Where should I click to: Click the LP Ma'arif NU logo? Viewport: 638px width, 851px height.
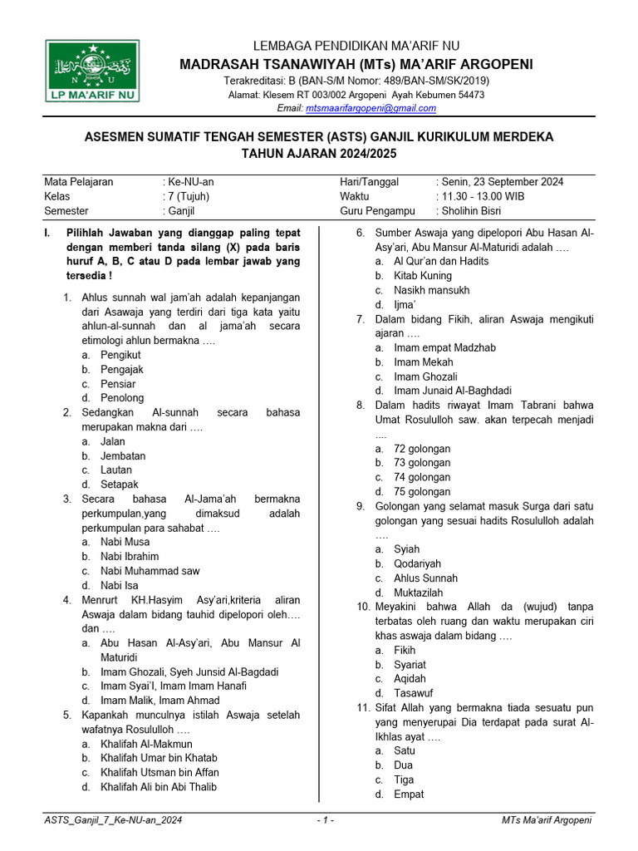click(92, 72)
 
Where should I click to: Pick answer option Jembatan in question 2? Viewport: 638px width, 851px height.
click(123, 455)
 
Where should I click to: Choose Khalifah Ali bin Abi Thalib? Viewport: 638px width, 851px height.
click(159, 786)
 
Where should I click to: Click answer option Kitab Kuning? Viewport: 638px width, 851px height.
click(423, 275)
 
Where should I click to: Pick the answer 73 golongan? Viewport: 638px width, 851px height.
click(422, 462)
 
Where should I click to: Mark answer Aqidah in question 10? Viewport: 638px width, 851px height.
click(412, 678)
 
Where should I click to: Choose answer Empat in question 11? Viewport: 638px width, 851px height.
click(409, 794)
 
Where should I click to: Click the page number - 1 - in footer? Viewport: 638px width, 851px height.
click(326, 820)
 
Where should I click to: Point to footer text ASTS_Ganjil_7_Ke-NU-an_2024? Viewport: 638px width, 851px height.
click(113, 820)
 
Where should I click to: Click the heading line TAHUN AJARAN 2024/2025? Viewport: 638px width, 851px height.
click(319, 154)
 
